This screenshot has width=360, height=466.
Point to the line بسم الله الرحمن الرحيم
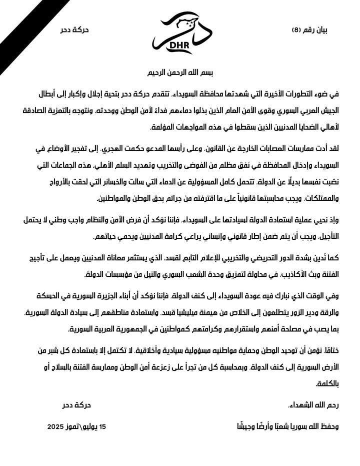179,73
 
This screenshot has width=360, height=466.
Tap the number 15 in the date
103,426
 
